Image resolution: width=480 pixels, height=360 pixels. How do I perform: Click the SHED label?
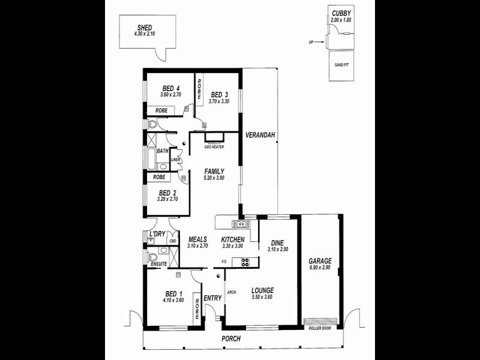pos(144,27)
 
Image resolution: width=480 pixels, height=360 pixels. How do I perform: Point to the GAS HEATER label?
pos(214,147)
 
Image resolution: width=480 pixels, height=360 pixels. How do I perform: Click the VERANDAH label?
pos(260,136)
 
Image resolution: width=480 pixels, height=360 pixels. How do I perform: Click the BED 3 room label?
pos(219,94)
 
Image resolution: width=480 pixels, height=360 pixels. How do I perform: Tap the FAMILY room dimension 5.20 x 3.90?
pos(214,179)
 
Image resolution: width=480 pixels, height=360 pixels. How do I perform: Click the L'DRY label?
pos(157,233)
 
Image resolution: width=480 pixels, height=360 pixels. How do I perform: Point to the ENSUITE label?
pos(158,263)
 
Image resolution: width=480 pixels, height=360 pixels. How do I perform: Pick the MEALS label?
pos(197,239)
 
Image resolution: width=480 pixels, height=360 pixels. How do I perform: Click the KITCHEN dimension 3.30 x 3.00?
pos(232,246)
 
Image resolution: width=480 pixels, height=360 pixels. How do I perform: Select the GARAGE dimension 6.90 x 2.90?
pos(320,268)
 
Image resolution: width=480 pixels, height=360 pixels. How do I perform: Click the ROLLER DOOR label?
pos(320,328)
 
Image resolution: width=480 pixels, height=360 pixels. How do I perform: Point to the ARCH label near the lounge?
pos(231,292)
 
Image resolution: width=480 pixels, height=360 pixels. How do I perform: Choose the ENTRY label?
pos(212,298)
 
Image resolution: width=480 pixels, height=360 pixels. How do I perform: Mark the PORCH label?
pos(231,339)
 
